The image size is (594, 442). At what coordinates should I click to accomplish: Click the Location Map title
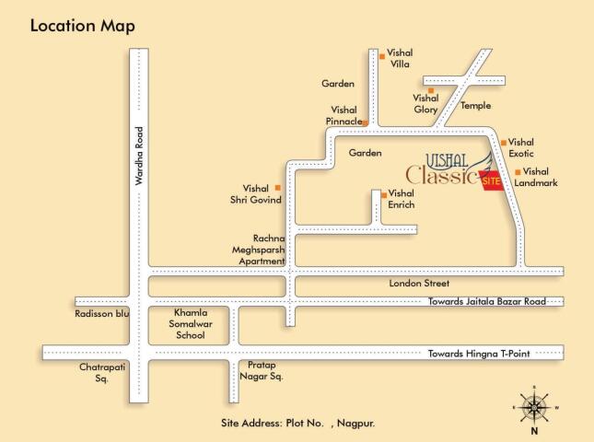point(83,26)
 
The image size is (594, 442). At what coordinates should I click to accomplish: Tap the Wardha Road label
point(140,157)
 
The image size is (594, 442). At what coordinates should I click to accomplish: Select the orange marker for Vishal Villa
point(381,57)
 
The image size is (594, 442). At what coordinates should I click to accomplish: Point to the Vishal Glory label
point(425,103)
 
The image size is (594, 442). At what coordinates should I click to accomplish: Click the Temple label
point(476,106)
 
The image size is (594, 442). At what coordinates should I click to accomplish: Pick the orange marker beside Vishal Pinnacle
point(366,122)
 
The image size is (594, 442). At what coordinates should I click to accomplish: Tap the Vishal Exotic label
point(521,147)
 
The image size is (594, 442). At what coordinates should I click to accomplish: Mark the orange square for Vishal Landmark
point(518,172)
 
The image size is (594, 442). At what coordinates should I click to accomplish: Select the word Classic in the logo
point(441,175)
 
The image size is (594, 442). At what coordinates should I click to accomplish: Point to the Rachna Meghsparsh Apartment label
point(262,250)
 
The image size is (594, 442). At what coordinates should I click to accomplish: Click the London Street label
point(416,285)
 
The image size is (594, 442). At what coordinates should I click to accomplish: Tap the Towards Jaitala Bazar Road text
point(486,301)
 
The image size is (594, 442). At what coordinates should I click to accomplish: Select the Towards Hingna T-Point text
point(481,354)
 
